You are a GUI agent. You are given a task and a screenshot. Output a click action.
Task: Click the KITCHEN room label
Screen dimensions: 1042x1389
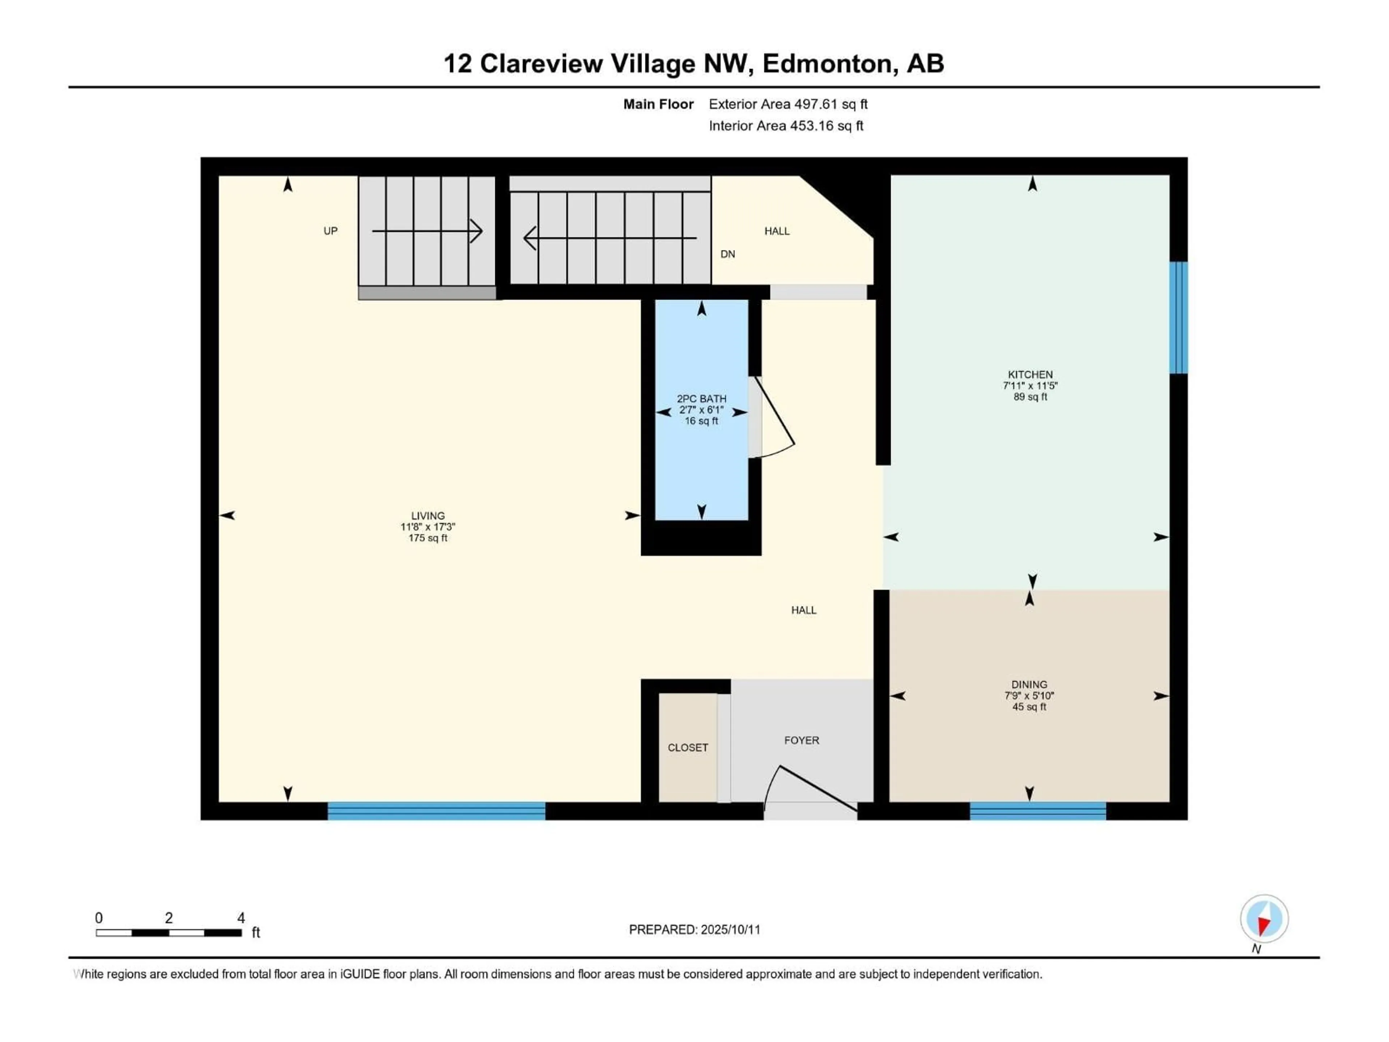1030,374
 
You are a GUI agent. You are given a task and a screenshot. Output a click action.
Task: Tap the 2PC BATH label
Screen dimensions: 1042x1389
701,399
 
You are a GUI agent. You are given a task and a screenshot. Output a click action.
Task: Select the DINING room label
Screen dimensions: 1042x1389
1029,685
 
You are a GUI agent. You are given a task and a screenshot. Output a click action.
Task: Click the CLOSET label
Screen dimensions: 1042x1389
688,747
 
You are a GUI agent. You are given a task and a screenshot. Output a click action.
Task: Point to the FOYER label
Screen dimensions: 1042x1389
801,741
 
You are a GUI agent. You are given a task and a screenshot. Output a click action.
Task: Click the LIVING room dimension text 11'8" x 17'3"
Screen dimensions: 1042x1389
428,527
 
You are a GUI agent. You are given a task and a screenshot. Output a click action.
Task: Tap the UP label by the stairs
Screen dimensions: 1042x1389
330,231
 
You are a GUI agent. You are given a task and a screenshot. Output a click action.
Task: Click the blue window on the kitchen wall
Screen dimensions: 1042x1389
1178,318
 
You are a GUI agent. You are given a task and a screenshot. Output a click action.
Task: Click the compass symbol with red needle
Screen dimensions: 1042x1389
1264,919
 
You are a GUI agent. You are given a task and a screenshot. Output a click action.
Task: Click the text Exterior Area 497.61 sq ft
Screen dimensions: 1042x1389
788,104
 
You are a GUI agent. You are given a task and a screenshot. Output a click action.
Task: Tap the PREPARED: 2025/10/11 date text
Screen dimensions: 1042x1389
694,929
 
